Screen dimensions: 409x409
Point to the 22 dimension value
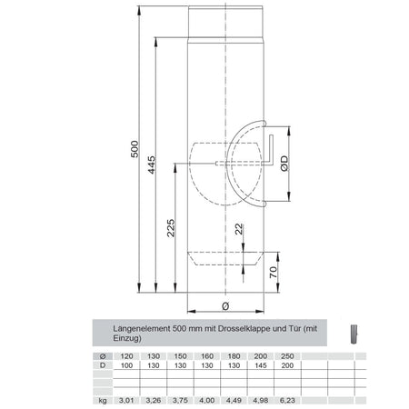click(238, 231)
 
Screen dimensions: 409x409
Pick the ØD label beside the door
click(283, 165)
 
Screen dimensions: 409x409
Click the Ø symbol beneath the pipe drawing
click(224, 306)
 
